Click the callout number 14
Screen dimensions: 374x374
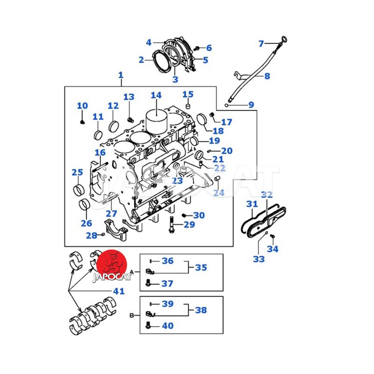(156, 95)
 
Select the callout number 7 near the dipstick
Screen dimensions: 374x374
(261, 44)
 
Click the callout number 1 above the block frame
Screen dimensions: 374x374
(121, 75)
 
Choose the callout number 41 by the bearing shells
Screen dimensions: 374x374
(118, 291)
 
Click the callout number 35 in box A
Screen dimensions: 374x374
(201, 267)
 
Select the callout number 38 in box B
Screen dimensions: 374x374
(201, 309)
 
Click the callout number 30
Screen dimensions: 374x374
(199, 215)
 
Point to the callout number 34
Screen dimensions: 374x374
(273, 249)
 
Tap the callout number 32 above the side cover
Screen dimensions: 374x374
(266, 194)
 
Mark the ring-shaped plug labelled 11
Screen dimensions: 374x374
(98, 136)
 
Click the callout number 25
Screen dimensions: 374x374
(77, 173)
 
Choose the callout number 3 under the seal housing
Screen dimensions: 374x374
(175, 79)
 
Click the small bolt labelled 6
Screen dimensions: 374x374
(197, 48)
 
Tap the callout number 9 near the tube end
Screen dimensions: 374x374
(251, 105)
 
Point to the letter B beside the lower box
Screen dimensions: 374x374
(132, 316)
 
